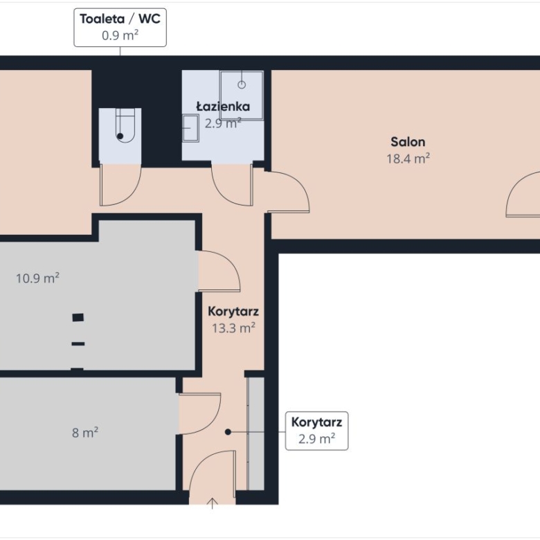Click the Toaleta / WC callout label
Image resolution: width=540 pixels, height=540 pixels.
pyautogui.click(x=120, y=28)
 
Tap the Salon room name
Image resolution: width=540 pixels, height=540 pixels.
pyautogui.click(x=408, y=142)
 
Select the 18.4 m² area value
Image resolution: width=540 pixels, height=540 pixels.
pyautogui.click(x=408, y=159)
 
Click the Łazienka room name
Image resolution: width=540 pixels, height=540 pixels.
pyautogui.click(x=223, y=106)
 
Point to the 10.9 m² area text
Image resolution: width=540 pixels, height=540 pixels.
pyautogui.click(x=37, y=278)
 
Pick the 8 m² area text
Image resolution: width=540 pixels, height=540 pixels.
pyautogui.click(x=85, y=432)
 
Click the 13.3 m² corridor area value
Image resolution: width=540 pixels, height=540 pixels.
pyautogui.click(x=233, y=328)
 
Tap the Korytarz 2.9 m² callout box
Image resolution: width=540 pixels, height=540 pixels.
pyautogui.click(x=316, y=431)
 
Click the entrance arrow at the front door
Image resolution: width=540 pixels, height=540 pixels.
pyautogui.click(x=212, y=503)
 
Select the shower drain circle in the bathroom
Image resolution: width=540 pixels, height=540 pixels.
pyautogui.click(x=242, y=84)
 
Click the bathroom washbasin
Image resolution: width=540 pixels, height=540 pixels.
pyautogui.click(x=190, y=128)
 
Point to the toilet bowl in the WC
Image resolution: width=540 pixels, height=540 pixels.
pyautogui.click(x=125, y=125)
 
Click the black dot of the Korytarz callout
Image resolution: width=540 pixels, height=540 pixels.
pyautogui.click(x=228, y=431)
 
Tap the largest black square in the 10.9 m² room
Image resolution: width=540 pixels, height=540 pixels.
pyautogui.click(x=78, y=317)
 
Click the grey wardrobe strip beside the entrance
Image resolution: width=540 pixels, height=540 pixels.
pyautogui.click(x=256, y=433)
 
